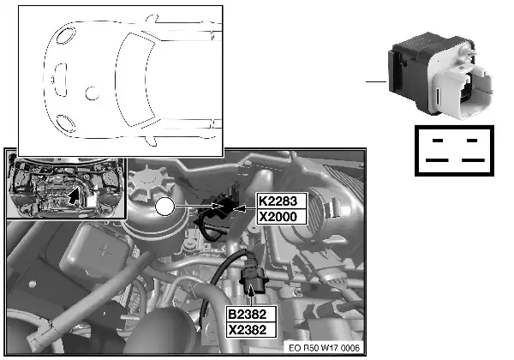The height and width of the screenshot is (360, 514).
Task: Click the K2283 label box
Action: point(282,201)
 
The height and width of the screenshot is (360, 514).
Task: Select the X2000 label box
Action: point(282,217)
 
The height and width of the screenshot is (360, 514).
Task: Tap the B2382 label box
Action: point(251,314)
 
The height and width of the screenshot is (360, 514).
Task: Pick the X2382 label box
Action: point(251,330)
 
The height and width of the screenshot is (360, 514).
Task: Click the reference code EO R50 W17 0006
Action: point(324,348)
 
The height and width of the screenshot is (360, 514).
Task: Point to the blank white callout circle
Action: point(164,207)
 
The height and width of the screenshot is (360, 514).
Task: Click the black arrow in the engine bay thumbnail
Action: point(75,195)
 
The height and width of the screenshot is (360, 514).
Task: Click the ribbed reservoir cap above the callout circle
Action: point(150,183)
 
